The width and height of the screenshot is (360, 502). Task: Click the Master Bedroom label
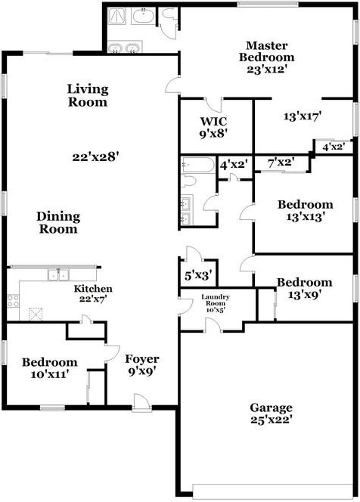click(266, 51)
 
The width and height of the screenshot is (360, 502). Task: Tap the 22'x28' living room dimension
click(95, 157)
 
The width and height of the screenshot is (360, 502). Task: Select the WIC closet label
click(213, 121)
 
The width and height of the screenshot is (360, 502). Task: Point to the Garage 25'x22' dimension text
click(271, 420)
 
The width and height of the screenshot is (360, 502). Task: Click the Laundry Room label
click(216, 300)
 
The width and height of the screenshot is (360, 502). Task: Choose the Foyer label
click(142, 359)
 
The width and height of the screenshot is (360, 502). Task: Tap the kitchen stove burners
click(13, 301)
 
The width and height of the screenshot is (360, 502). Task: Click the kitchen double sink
click(58, 274)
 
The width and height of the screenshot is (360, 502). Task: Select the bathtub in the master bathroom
click(143, 15)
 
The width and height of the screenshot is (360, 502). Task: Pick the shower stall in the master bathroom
click(116, 15)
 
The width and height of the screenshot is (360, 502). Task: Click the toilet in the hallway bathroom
click(188, 181)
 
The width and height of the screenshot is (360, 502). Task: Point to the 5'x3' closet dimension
click(199, 275)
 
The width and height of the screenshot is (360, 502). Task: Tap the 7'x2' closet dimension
click(281, 163)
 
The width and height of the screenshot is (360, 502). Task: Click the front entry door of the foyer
click(142, 401)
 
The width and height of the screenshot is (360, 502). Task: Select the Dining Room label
click(58, 222)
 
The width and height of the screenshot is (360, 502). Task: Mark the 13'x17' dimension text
click(302, 116)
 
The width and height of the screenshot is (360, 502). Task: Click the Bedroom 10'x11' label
click(50, 368)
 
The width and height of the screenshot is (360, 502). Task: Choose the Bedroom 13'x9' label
click(304, 288)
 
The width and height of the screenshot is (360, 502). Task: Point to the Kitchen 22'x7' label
click(93, 293)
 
